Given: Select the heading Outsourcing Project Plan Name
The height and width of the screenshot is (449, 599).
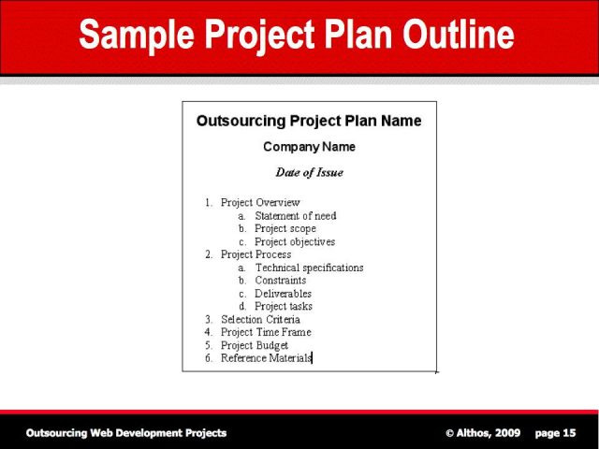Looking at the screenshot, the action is pyautogui.click(x=309, y=121).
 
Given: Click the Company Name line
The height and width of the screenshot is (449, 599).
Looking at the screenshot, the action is pyautogui.click(x=309, y=147).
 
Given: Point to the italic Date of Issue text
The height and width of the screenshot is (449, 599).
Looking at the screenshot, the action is pyautogui.click(x=309, y=172).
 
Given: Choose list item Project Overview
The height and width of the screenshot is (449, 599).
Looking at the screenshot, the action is pyautogui.click(x=260, y=203).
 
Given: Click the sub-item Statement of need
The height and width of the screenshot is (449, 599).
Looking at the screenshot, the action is pyautogui.click(x=296, y=216).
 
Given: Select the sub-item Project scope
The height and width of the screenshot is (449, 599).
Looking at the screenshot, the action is pyautogui.click(x=285, y=228).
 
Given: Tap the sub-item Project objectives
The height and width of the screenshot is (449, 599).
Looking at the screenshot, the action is pyautogui.click(x=295, y=241).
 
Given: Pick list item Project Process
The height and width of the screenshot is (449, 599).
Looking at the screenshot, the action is pyautogui.click(x=256, y=254).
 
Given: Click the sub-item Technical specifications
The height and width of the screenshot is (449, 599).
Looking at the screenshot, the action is pyautogui.click(x=310, y=268).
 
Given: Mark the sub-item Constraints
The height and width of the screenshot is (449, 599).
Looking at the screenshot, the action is pyautogui.click(x=281, y=281).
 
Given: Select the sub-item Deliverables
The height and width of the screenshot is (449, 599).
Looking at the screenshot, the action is pyautogui.click(x=283, y=293).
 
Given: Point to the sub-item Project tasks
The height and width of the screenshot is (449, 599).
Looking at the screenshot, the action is pyautogui.click(x=284, y=306).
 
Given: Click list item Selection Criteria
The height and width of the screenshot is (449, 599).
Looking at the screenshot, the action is pyautogui.click(x=260, y=319).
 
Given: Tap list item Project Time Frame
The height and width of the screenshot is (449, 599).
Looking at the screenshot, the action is pyautogui.click(x=266, y=332).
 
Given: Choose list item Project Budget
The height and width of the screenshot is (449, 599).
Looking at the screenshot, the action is pyautogui.click(x=255, y=345).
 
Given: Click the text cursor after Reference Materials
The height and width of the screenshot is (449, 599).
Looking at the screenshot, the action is pyautogui.click(x=312, y=357).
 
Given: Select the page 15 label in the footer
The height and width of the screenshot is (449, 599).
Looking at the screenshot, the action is pyautogui.click(x=555, y=433).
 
